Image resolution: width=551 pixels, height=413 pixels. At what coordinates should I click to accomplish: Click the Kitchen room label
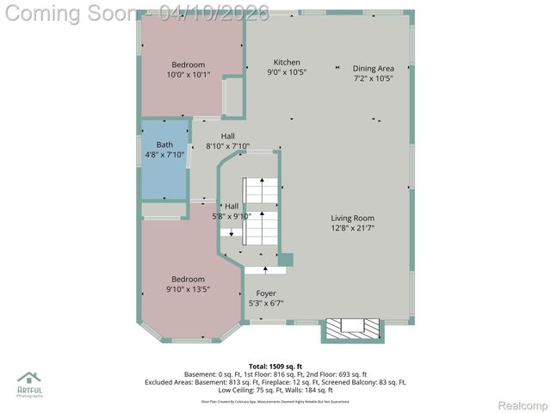287,62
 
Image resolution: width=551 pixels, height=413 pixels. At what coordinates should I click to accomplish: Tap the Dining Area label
373,68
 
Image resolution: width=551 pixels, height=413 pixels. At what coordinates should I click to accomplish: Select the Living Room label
353,218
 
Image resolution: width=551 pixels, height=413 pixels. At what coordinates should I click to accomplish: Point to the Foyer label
265,293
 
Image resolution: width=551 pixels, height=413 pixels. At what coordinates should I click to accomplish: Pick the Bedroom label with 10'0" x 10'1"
188,65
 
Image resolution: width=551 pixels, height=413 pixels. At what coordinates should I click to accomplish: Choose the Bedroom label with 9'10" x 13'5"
188,279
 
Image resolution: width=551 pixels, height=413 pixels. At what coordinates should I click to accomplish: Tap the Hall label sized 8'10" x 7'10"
227,136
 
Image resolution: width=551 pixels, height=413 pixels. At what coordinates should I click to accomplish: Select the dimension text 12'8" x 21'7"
353,228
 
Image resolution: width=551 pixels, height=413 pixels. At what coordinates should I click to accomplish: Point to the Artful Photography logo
29,382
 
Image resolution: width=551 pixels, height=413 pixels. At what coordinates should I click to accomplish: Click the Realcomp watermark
523,404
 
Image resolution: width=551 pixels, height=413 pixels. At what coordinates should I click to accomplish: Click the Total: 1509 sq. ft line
275,366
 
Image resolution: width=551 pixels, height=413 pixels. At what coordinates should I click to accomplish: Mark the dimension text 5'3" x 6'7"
265,303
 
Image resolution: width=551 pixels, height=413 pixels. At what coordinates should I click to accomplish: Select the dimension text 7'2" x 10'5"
373,78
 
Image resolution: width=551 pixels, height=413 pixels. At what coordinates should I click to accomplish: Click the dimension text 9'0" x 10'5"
287,72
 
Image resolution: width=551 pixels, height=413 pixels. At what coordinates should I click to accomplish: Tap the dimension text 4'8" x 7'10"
164,155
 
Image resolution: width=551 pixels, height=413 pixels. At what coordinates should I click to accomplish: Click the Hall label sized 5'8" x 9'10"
232,206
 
